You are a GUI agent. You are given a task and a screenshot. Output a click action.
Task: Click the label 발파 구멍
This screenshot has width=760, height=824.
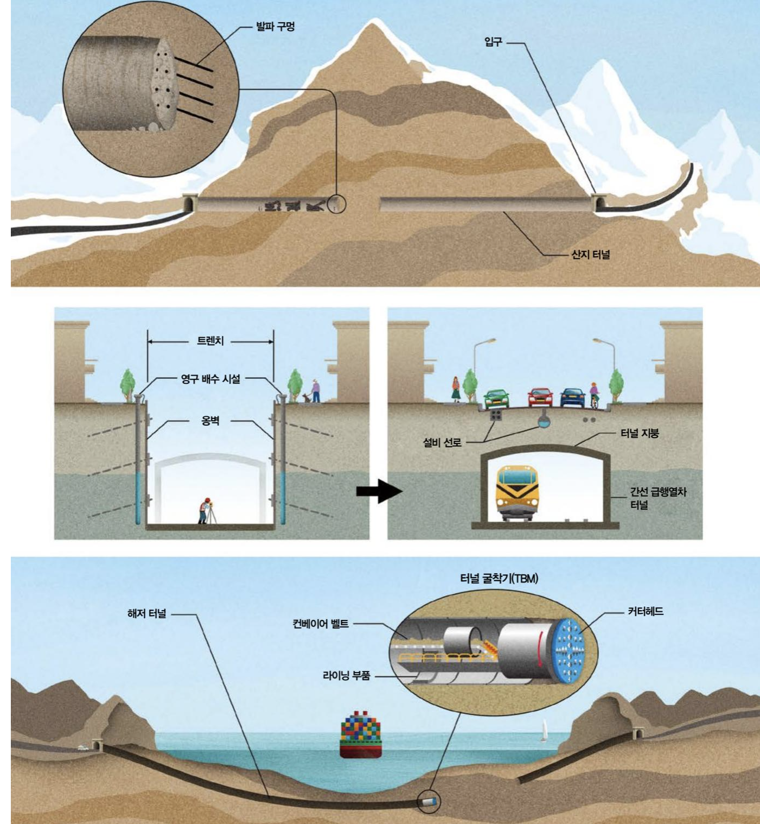pyautogui.click(x=275, y=27)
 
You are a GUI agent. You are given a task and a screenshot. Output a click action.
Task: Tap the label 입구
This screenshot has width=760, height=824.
pyautogui.click(x=493, y=42)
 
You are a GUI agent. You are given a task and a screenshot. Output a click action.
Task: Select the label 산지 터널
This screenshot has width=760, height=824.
pyautogui.click(x=590, y=254)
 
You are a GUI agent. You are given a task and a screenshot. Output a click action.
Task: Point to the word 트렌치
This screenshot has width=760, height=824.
pyautogui.click(x=210, y=341)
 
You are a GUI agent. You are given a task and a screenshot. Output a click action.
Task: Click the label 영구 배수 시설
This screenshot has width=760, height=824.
pyautogui.click(x=210, y=379)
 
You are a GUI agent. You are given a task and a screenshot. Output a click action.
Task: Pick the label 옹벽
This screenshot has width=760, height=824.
pyautogui.click(x=210, y=420)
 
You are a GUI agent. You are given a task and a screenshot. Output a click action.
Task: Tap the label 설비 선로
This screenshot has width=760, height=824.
pyautogui.click(x=442, y=442)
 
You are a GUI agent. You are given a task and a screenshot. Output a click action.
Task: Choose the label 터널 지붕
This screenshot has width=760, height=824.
pyautogui.click(x=639, y=433)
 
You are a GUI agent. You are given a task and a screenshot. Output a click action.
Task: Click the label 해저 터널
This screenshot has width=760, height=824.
pyautogui.click(x=146, y=614)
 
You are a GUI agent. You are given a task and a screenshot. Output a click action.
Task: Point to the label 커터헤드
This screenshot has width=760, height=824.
pyautogui.click(x=646, y=612)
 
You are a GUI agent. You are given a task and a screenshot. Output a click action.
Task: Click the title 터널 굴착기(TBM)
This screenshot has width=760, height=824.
pyautogui.click(x=499, y=579)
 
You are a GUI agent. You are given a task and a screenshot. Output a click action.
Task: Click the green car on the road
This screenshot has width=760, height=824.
pyautogui.click(x=495, y=399)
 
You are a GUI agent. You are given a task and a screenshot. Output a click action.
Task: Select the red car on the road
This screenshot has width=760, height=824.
pyautogui.click(x=539, y=398)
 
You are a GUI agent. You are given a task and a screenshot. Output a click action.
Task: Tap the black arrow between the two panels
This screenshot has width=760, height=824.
pyautogui.click(x=379, y=491)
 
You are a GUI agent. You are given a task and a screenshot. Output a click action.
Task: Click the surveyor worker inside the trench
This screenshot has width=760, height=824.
pyautogui.click(x=204, y=510)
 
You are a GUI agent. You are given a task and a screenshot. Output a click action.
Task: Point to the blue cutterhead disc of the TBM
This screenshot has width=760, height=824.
pyautogui.click(x=569, y=650)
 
